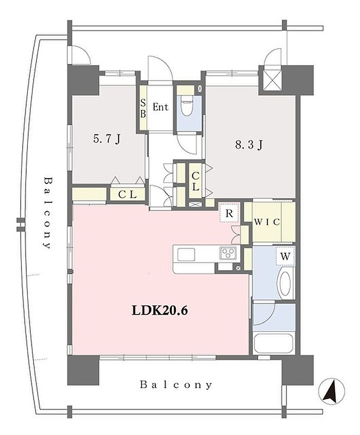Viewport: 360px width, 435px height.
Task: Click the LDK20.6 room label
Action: point(160,310)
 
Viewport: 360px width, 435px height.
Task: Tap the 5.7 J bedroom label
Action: point(106,138)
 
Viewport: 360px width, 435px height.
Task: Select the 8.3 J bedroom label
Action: point(248,145)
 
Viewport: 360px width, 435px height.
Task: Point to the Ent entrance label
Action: point(160,107)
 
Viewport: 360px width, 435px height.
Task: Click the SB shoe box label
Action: point(143,109)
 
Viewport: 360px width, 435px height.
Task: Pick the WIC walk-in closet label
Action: point(267,222)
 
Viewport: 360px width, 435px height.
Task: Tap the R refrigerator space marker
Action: point(229,213)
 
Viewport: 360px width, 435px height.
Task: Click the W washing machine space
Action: point(285,256)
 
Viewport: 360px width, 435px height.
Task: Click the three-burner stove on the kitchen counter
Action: point(228,253)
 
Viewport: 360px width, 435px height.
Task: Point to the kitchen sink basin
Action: point(186,255)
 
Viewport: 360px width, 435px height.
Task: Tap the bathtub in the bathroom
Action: point(274,343)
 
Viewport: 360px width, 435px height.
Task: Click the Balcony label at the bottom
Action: point(176,385)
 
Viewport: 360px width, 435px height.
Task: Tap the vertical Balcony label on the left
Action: point(48,213)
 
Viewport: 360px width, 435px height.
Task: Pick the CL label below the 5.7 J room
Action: point(128,195)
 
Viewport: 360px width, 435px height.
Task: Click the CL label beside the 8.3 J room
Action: point(195,181)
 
